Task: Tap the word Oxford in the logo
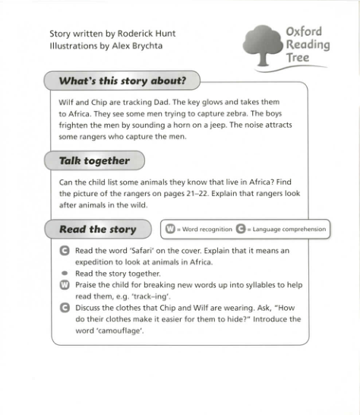coord(304,32)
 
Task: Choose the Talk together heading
coord(94,160)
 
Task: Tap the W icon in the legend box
coord(170,229)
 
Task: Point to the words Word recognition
coord(204,229)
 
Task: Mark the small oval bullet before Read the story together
coord(65,273)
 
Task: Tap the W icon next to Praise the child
coord(65,284)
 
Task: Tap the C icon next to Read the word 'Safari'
coord(65,250)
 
